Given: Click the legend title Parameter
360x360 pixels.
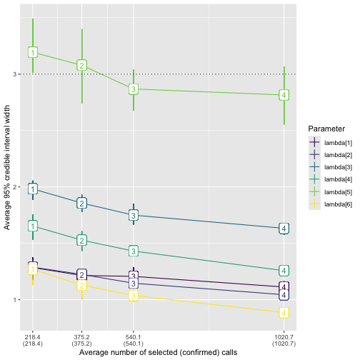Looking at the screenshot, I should pos(327,129).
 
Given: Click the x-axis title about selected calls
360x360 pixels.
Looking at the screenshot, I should pos(158,352).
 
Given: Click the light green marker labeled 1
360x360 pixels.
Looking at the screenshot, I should pos(33,52).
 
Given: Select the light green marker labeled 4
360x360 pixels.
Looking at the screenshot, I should pos(284,95).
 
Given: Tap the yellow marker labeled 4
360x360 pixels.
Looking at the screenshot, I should pos(284,313).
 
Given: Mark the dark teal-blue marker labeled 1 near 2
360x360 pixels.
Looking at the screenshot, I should pos(33,189).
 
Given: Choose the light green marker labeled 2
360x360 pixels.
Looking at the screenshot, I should pos(81,65).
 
